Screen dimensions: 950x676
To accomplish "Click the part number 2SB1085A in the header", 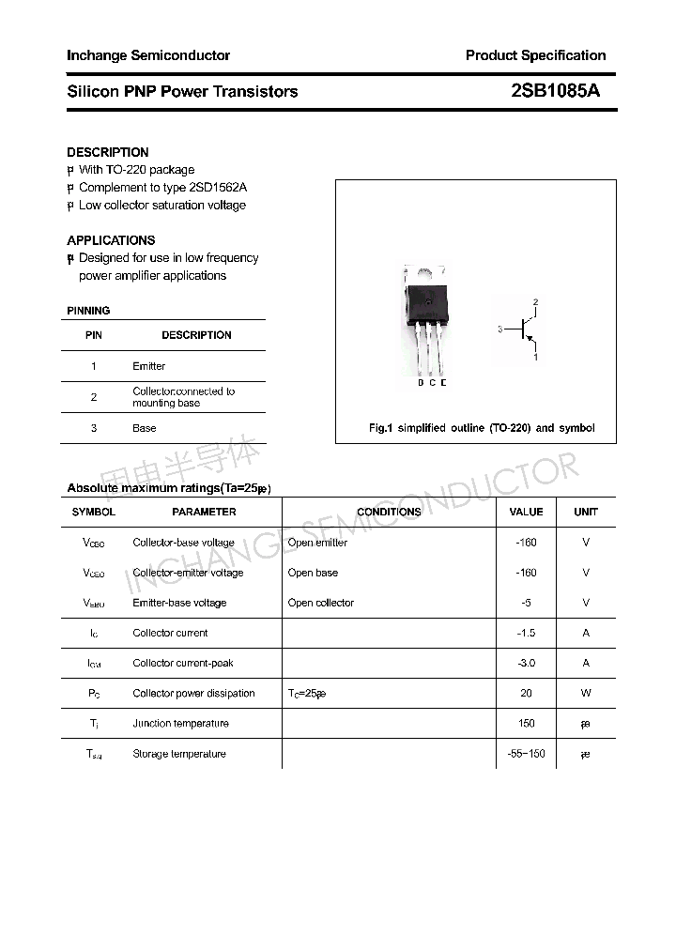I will pos(555,91).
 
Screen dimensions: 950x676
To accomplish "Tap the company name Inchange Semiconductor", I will pos(148,55).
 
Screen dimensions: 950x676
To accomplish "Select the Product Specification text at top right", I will pos(535,55).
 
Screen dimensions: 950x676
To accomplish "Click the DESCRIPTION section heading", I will pos(108,152).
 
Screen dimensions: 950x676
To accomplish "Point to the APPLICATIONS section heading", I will pos(111,240).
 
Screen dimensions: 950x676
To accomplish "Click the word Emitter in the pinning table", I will pos(148,366).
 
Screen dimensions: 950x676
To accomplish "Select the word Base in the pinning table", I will pos(145,428).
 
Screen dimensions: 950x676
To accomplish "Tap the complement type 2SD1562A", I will pos(218,188).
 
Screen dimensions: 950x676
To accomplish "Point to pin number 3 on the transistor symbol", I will pos(501,329).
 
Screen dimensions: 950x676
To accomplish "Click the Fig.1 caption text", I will pos(482,428).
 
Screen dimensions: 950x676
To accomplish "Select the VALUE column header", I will pos(526,512).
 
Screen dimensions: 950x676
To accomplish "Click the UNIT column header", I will pos(586,512).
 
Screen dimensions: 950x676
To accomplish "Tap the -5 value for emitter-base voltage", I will pos(526,603).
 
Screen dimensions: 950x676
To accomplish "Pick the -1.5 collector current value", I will pos(526,633).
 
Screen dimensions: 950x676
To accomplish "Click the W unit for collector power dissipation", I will pos(586,693).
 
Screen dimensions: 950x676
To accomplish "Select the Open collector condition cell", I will pos(321,603).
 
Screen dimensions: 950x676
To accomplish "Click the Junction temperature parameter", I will pos(181,724).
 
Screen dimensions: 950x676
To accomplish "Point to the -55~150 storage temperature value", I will pos(526,754).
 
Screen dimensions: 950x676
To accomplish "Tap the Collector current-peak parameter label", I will pos(183,663).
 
